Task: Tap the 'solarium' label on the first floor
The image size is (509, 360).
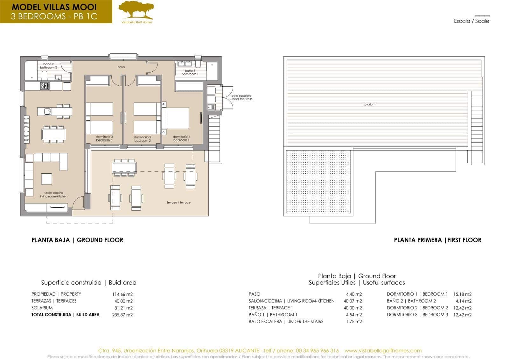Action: tap(369, 104)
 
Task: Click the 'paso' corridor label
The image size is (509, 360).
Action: tap(121, 67)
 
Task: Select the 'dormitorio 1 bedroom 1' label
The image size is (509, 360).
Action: tap(181, 138)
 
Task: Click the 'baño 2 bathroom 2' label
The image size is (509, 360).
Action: tap(48, 66)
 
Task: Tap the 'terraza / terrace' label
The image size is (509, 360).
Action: tap(179, 202)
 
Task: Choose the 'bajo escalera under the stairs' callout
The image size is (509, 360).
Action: tap(241, 97)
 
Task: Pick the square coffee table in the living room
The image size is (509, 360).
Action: tap(46, 179)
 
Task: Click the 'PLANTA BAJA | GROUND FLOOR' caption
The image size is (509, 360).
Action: tap(77, 240)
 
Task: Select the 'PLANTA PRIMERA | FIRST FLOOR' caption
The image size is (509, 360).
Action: tap(437, 240)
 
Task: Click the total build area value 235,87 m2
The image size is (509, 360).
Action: tap(122, 315)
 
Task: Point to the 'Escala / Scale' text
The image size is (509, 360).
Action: tap(471, 21)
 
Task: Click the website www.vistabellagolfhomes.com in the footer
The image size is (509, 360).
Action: tap(383, 350)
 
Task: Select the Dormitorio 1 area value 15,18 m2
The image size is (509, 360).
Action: tap(462, 294)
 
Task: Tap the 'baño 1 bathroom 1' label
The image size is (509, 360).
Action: tap(190, 72)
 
